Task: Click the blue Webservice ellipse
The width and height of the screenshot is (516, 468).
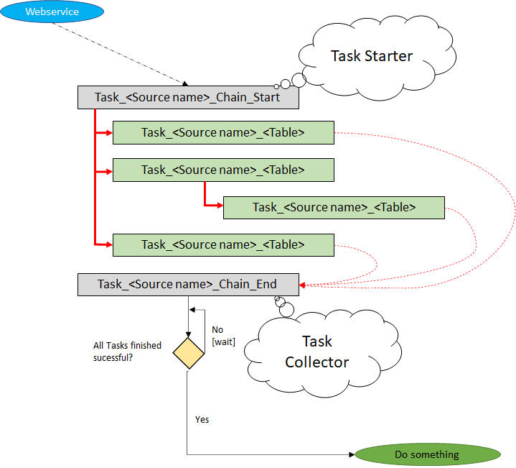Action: coord(52,12)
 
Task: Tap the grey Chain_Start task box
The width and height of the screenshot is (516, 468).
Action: coord(187,98)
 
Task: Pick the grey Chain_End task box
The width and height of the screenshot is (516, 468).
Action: coord(187,284)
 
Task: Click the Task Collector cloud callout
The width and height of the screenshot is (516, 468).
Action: coord(316,352)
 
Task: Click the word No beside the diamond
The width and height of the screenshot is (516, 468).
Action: coord(217,330)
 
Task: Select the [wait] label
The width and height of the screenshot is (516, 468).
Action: coord(223,341)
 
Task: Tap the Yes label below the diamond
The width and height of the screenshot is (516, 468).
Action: coord(202,419)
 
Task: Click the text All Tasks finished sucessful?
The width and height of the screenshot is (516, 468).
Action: coord(127,350)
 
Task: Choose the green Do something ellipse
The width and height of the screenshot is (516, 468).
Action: coord(426,454)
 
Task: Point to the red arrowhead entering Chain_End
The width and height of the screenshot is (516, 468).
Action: coord(303,285)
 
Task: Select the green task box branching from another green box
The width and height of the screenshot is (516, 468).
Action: coord(334,207)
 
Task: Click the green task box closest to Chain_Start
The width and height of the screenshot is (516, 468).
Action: coord(223,132)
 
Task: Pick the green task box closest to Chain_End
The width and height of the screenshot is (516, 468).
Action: coord(223,244)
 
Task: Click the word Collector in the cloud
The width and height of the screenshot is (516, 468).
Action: coord(316,362)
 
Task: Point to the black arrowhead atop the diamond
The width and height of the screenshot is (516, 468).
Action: coord(188,334)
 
